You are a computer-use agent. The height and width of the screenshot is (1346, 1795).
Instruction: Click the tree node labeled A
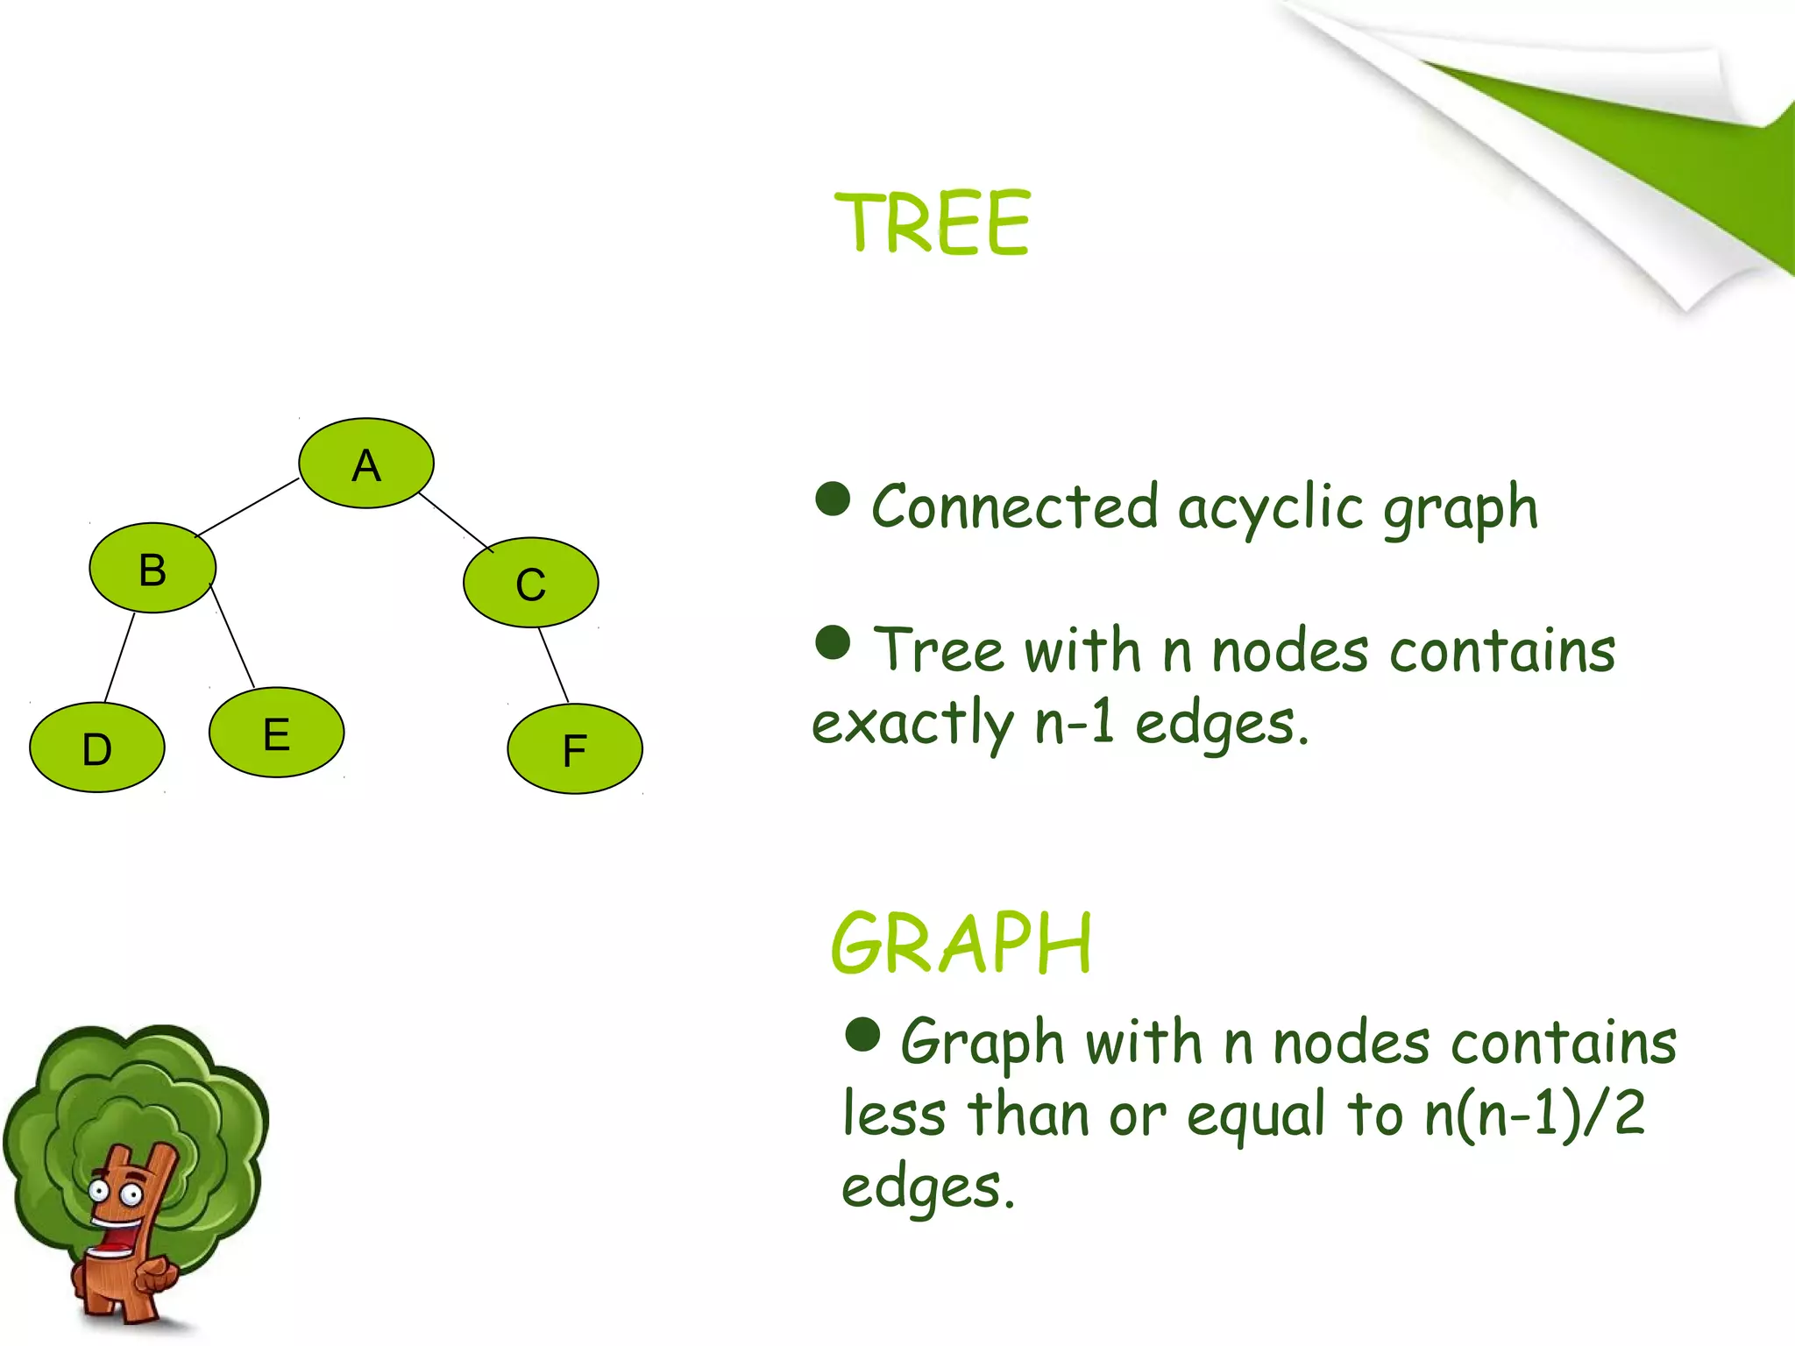tap(365, 463)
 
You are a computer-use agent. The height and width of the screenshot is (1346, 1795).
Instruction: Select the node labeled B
tap(153, 568)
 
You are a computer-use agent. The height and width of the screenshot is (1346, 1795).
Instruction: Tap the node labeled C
tap(530, 583)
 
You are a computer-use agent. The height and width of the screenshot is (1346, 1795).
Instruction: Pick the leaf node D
tap(96, 747)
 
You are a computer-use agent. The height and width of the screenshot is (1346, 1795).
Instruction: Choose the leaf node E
tap(276, 733)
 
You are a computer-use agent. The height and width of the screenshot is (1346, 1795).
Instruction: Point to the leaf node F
tap(574, 749)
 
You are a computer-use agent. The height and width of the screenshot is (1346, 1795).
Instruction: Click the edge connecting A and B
tap(247, 507)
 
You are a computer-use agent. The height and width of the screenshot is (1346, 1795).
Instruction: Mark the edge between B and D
tap(119, 657)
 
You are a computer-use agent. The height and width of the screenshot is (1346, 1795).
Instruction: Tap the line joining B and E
tap(233, 638)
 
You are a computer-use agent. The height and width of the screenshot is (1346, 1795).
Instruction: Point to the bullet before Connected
tap(832, 499)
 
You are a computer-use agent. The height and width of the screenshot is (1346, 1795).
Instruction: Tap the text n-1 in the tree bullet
tap(1075, 724)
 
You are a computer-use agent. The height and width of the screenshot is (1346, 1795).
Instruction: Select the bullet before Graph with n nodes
tap(862, 1034)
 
